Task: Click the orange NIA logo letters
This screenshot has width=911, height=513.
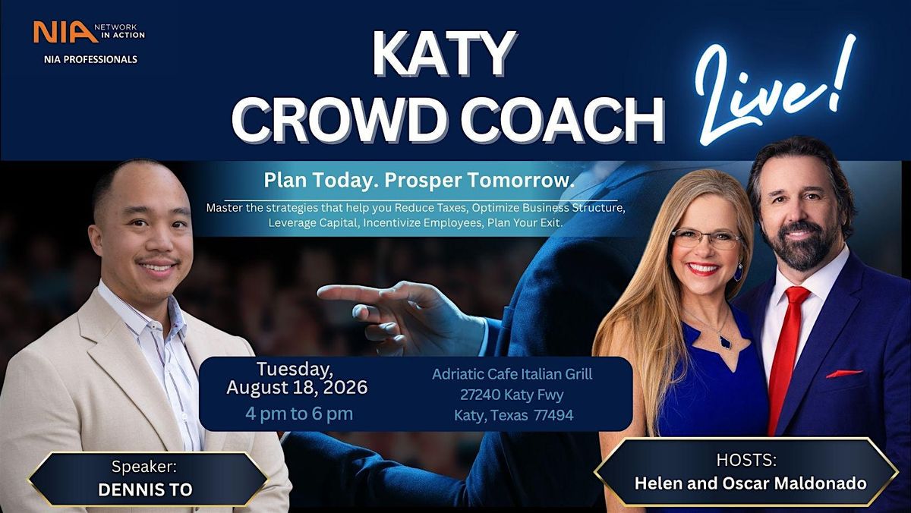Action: pyautogui.click(x=65, y=32)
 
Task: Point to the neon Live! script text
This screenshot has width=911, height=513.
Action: pyautogui.click(x=775, y=90)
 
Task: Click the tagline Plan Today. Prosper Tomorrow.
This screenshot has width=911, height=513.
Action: pyautogui.click(x=419, y=181)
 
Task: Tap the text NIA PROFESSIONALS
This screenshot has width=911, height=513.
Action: pyautogui.click(x=90, y=59)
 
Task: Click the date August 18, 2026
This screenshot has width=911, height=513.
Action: pyautogui.click(x=297, y=387)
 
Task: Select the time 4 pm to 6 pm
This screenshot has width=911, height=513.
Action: pyautogui.click(x=299, y=414)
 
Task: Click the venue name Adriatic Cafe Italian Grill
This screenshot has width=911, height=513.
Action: pyautogui.click(x=512, y=374)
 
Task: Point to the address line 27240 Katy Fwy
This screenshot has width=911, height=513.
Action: pyautogui.click(x=512, y=395)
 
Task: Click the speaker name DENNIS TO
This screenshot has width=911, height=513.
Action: pyautogui.click(x=145, y=489)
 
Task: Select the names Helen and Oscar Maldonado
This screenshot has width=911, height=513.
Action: pyautogui.click(x=750, y=483)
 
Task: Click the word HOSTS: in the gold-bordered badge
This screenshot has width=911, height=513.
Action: pyautogui.click(x=746, y=460)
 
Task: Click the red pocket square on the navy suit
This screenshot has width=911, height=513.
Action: pyautogui.click(x=844, y=373)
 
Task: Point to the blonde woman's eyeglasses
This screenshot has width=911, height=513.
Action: pyautogui.click(x=706, y=239)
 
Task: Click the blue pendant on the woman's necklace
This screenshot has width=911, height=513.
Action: pyautogui.click(x=726, y=343)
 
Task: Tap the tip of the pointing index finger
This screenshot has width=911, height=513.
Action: pyautogui.click(x=318, y=292)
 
